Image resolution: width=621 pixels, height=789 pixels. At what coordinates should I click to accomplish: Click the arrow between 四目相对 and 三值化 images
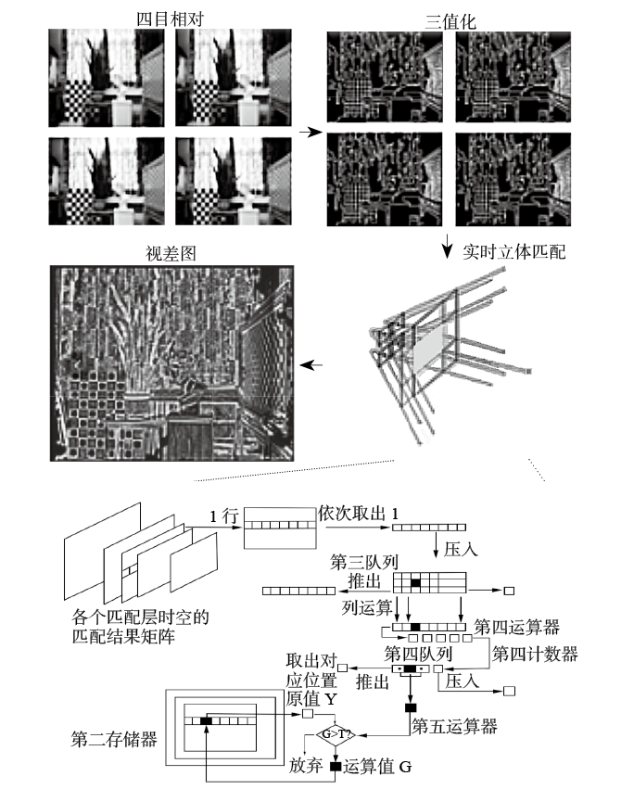tap(304, 134)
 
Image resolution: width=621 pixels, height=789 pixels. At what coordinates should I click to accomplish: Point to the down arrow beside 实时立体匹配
tap(447, 247)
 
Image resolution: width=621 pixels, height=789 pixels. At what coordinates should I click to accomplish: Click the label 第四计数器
tap(535, 655)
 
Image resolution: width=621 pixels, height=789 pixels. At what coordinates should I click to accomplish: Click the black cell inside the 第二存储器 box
tap(206, 719)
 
